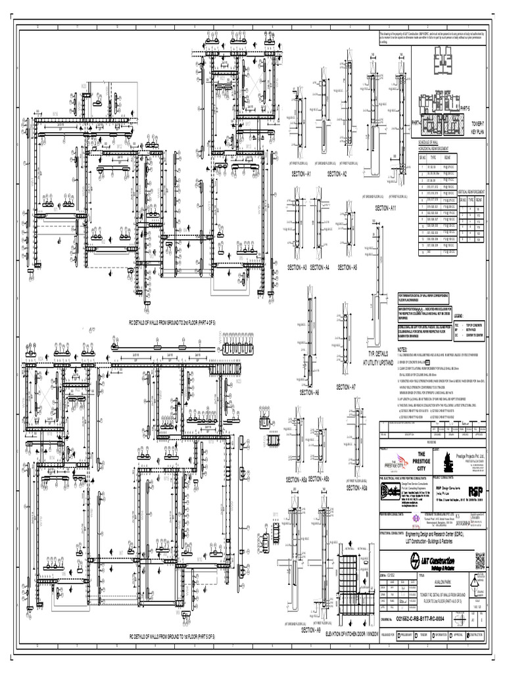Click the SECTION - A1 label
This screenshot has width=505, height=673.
[x=301, y=174]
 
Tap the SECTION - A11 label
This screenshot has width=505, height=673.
[x=385, y=208]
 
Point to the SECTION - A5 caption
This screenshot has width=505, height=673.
[x=347, y=267]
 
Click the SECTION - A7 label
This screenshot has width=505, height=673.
[x=346, y=387]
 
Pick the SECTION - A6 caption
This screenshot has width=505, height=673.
[x=309, y=392]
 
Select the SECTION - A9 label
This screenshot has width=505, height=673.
[x=310, y=629]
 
